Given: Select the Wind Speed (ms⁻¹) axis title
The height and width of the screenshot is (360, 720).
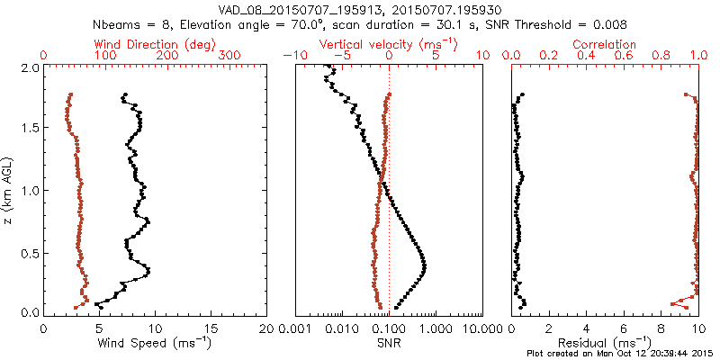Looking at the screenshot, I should [155, 344].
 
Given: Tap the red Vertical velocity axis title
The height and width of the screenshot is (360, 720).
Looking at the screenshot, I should [389, 43].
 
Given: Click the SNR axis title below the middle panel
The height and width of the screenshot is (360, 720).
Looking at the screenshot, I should [389, 344].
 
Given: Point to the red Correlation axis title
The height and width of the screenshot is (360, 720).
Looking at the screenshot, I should [605, 43].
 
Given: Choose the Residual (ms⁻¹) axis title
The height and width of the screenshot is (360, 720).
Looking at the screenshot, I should [605, 344].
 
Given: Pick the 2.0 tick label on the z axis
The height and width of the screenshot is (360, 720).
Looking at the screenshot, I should [29, 67].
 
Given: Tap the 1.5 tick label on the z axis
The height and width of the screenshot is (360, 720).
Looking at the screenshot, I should [29, 129].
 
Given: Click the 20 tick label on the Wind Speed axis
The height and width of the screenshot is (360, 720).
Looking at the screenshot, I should [266, 328].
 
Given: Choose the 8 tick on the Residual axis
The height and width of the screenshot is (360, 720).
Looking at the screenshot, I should [661, 328].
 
